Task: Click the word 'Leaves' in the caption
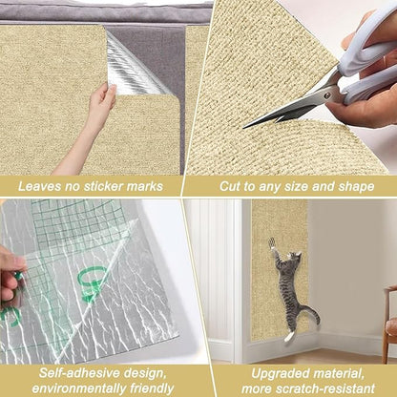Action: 42,186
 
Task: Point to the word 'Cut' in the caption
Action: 232,186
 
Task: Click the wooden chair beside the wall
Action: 389,324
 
